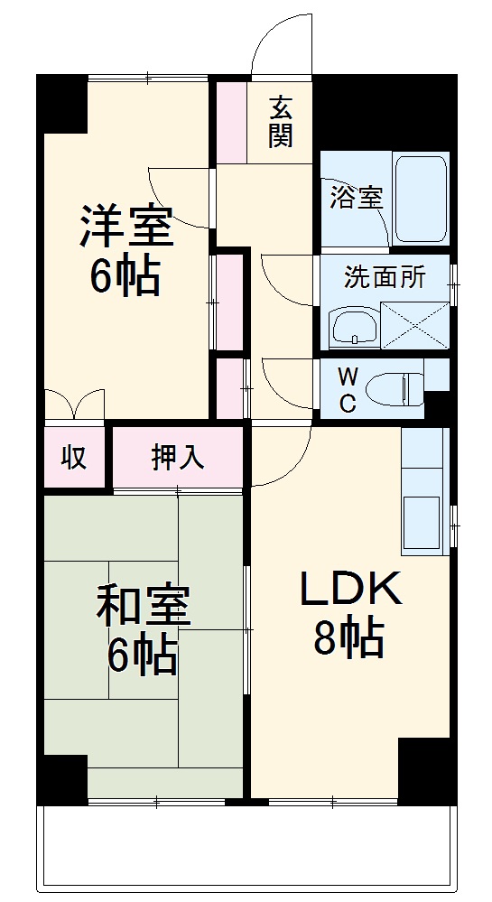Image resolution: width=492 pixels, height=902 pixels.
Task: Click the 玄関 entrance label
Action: (280, 121)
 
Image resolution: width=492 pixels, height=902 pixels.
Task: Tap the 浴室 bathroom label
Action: (356, 198)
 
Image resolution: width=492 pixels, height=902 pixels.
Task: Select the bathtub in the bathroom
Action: (421, 198)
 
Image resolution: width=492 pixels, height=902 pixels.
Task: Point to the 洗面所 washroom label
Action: (385, 277)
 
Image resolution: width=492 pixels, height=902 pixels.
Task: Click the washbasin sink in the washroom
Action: (353, 327)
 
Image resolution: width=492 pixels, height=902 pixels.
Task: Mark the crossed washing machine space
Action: (415, 324)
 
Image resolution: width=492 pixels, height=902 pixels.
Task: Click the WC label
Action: (347, 390)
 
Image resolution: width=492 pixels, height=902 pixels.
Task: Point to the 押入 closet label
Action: (177, 457)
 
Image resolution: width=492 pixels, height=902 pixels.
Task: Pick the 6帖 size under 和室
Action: (143, 656)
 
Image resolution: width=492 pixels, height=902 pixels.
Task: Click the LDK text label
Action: (349, 591)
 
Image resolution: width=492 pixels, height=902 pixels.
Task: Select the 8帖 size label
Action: (349, 639)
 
